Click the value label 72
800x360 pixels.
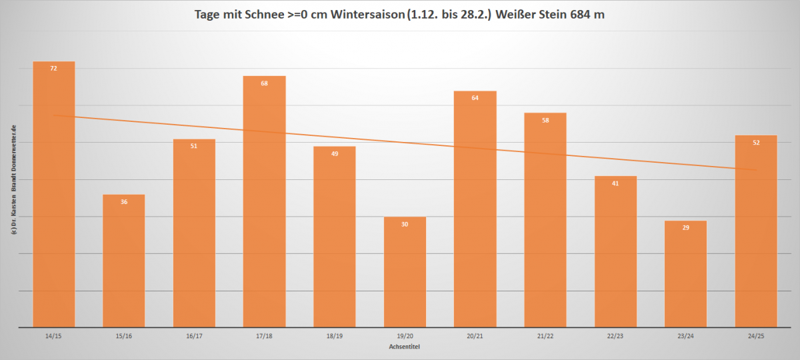tap(54, 69)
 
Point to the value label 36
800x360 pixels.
tap(124, 201)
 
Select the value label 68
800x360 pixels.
tap(264, 83)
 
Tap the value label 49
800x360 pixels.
tap(335, 154)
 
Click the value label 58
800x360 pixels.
tap(545, 121)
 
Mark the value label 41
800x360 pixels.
tap(615, 183)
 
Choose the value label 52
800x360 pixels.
tap(756, 143)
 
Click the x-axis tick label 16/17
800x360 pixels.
tap(194, 336)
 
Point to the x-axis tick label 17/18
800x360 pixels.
tap(264, 336)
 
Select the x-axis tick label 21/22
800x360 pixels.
tap(545, 336)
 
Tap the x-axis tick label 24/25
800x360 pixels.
tap(756, 336)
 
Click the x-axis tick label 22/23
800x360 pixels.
tap(615, 336)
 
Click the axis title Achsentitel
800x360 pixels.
tap(405, 347)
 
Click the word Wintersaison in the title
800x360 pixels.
tap(353, 15)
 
